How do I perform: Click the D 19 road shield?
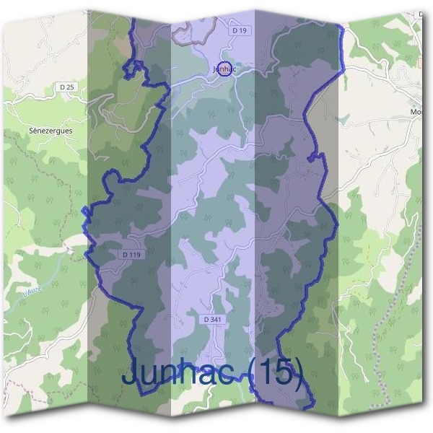[x=240, y=31]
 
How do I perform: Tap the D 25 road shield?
[x=67, y=87]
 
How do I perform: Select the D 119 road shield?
[x=130, y=255]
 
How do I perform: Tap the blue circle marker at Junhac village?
[x=224, y=70]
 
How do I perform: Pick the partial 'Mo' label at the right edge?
[x=416, y=113]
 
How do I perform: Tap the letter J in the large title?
[x=132, y=374]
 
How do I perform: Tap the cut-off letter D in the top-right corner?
[x=420, y=14]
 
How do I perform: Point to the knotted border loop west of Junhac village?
[x=134, y=68]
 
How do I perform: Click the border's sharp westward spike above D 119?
[x=86, y=211]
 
